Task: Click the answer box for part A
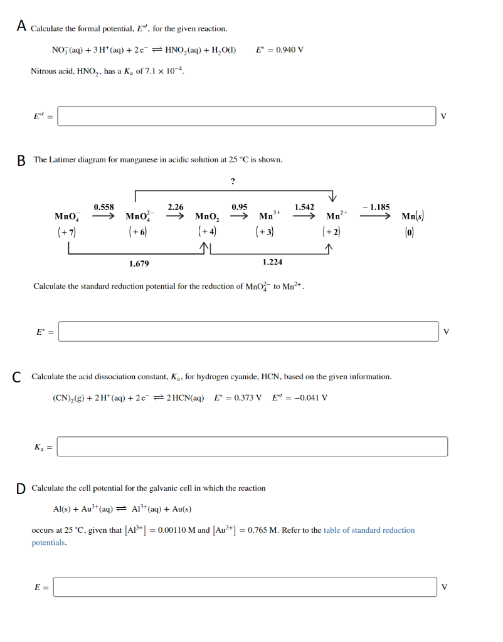point(246,116)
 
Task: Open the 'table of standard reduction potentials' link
point(369,530)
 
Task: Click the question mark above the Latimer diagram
point(233,182)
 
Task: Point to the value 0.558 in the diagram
point(104,207)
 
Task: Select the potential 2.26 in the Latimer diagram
point(176,207)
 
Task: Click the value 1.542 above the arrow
point(304,207)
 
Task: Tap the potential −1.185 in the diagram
point(377,207)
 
